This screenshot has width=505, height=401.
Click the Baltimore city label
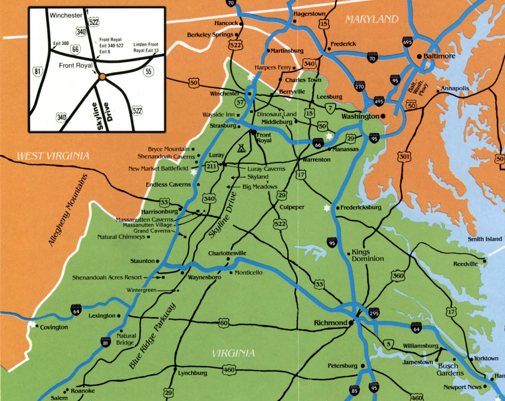439,56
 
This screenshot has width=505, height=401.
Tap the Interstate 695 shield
407,42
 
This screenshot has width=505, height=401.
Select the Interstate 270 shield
359,86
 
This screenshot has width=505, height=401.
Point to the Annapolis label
455,88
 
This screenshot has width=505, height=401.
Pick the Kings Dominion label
367,255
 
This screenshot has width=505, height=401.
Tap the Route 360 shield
398,276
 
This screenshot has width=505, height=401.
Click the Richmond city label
331,323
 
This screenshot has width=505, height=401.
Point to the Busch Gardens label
450,369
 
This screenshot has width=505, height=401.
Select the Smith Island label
485,239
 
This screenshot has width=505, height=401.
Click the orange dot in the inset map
102,76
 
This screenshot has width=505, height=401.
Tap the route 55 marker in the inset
148,71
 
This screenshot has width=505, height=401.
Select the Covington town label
54,327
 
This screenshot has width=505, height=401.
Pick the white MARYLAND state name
372,19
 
